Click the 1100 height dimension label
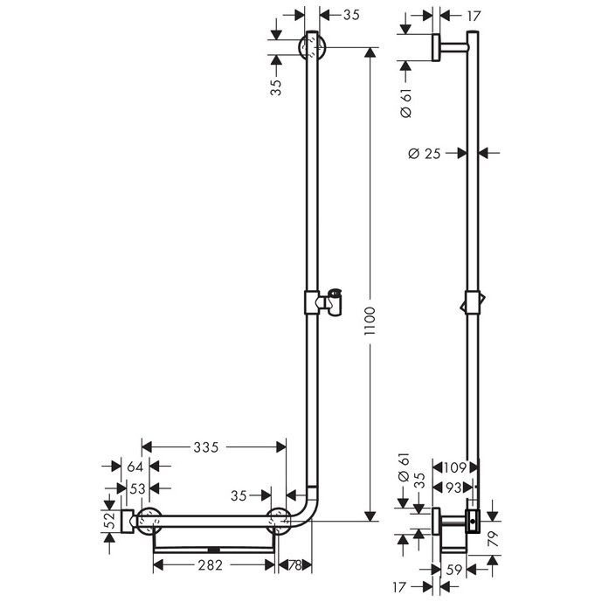tap(370, 321)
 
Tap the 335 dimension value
tap(206, 447)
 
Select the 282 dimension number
tap(211, 564)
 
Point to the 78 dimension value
tap(294, 565)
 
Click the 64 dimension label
tap(135, 467)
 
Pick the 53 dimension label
tap(137, 488)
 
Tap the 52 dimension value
tap(110, 521)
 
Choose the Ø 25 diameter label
tap(425, 154)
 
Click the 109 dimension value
tap(455, 467)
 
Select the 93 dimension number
tap(453, 488)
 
